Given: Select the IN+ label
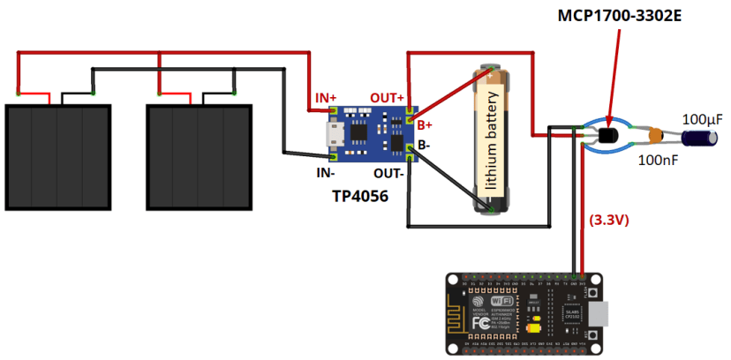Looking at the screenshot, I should [327, 96].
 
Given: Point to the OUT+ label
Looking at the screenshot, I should [387, 96].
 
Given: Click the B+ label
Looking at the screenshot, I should [426, 124].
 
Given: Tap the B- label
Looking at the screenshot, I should [425, 144].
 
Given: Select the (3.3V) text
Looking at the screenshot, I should [608, 221].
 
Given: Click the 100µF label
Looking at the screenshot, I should [703, 118].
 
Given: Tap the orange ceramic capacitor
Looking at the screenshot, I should [656, 136].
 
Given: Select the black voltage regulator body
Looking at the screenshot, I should [607, 135].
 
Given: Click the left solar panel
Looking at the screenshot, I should [58, 157].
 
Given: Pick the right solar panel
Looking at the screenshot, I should [199, 157].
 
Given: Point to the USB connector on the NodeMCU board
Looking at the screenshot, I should [599, 314].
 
